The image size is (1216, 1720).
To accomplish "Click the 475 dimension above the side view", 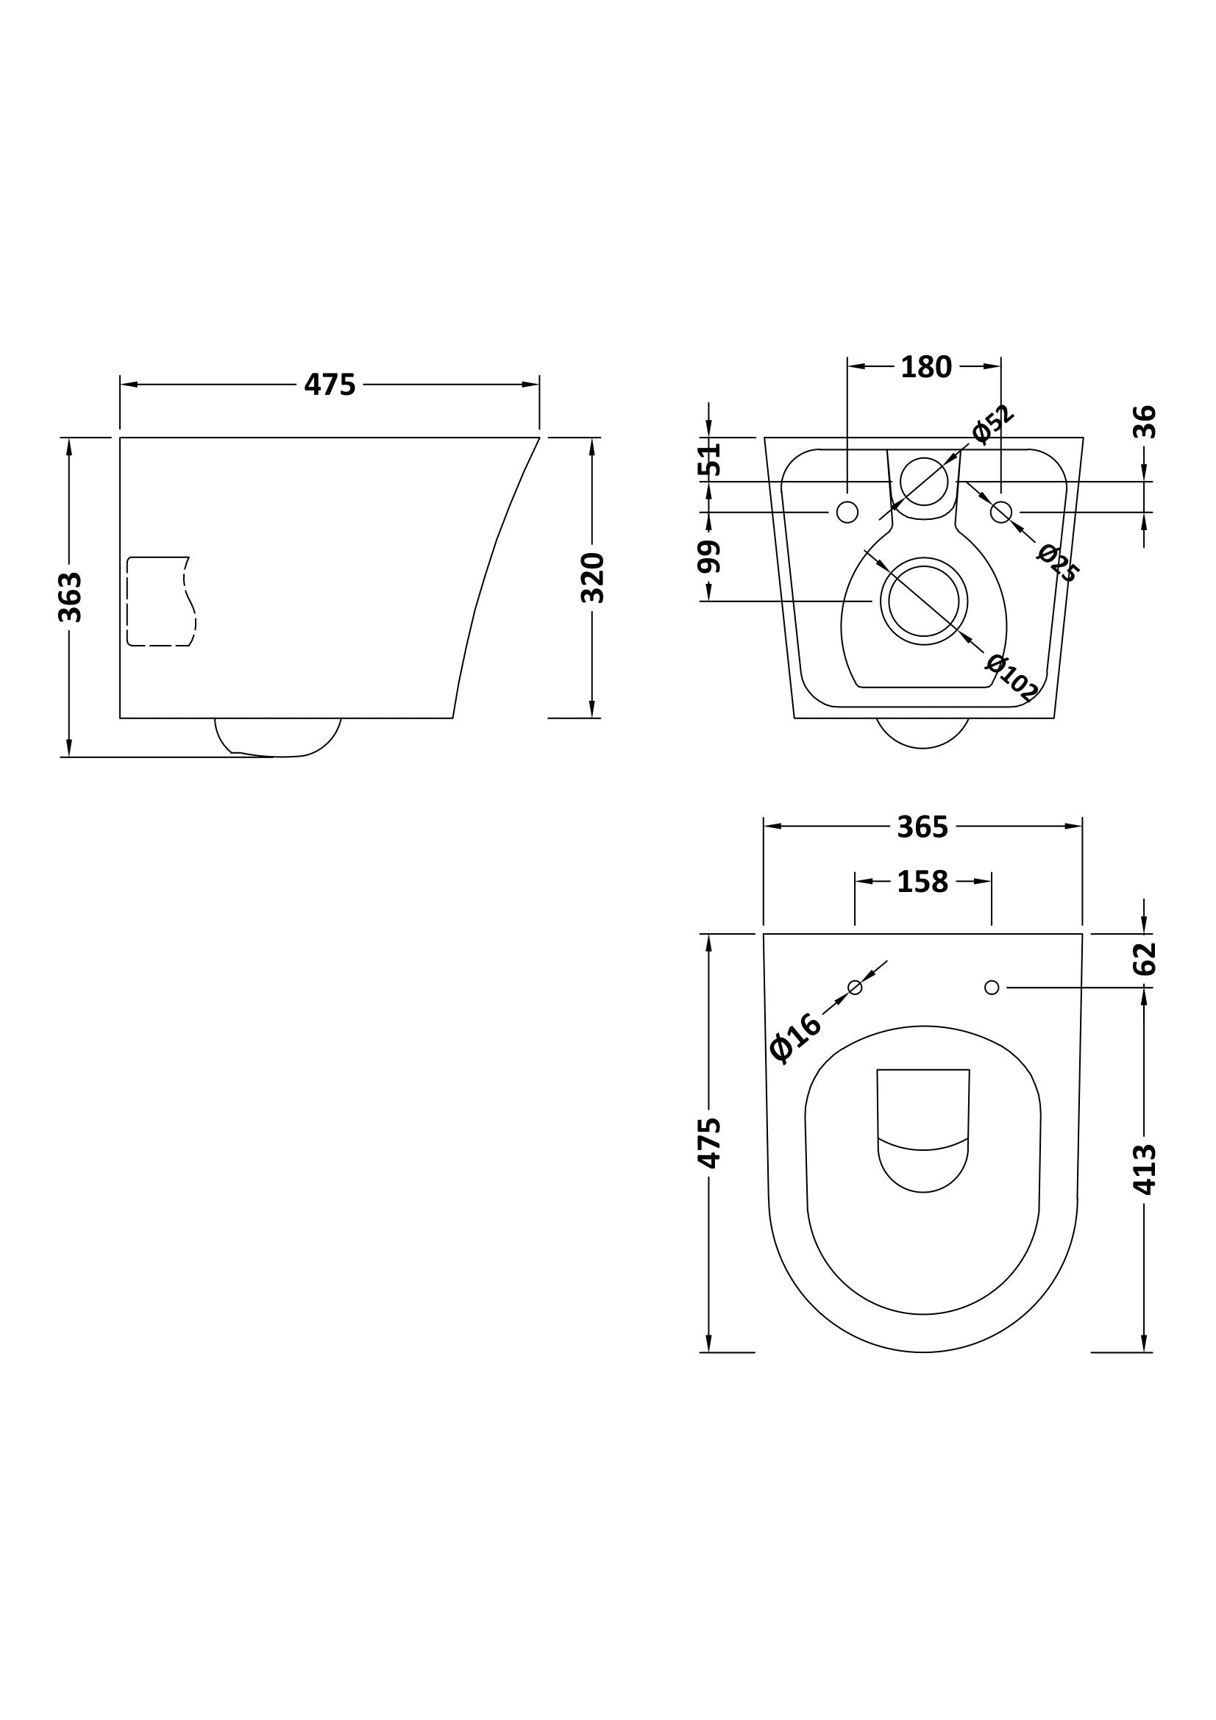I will tap(330, 385).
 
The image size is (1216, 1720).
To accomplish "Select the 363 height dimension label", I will tap(70, 597).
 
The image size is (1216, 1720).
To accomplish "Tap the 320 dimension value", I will tap(592, 577).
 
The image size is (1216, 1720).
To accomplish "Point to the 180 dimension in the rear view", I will tap(925, 366).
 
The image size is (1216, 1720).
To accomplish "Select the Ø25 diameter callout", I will tap(1057, 563).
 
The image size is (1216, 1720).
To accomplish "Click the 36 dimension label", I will tap(1145, 422).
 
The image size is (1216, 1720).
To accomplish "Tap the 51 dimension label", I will tap(708, 458).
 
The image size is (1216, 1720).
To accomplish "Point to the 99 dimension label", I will tap(708, 557).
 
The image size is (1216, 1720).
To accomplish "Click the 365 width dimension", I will tap(922, 827).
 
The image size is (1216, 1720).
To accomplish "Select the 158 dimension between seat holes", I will tap(922, 882).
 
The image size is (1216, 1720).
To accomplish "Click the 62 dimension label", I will tap(1145, 958).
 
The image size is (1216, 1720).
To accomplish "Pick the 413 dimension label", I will tap(1145, 1168).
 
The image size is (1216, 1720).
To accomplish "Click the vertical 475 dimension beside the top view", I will tap(708, 1143).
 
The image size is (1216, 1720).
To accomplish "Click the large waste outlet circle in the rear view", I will tap(924, 601).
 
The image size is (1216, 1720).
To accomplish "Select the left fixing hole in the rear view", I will tap(847, 513).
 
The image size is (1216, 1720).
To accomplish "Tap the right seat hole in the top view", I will tap(991, 988).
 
